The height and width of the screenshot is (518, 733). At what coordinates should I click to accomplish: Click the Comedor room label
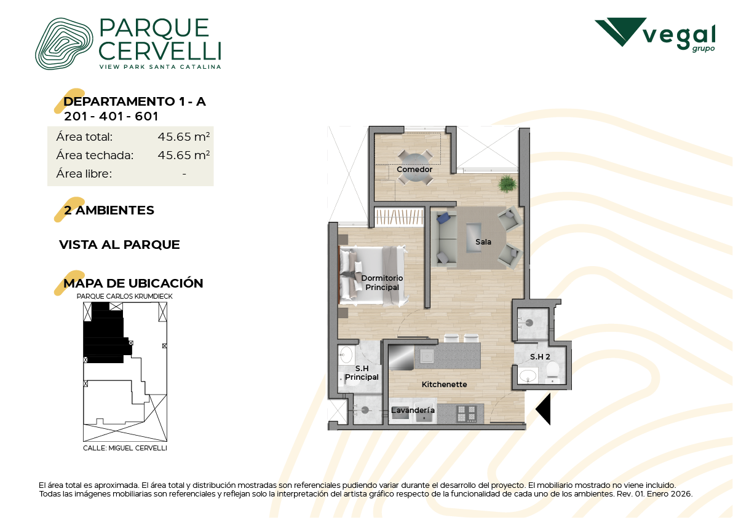(414, 169)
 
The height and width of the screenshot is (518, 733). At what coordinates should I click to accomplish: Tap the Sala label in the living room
(483, 241)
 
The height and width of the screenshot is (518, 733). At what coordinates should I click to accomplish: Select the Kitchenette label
(444, 384)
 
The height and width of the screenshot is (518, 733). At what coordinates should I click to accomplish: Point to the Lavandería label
(413, 410)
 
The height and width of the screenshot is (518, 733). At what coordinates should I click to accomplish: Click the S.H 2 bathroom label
(540, 356)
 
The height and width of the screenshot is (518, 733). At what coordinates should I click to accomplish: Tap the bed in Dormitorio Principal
(372, 276)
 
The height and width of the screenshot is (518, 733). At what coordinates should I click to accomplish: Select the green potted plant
(507, 183)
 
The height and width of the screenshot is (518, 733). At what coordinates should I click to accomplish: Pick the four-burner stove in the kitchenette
(466, 414)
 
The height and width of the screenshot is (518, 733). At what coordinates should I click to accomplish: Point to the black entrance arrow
(543, 409)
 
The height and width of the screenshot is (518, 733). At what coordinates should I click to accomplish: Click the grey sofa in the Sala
(443, 238)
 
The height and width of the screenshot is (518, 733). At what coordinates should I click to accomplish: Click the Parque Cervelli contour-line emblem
(64, 44)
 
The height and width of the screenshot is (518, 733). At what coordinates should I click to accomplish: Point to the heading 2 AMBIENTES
(109, 210)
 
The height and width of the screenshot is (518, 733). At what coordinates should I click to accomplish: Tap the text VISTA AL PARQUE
(119, 245)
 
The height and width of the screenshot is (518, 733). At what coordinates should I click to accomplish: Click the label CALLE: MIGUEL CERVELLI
(125, 448)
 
